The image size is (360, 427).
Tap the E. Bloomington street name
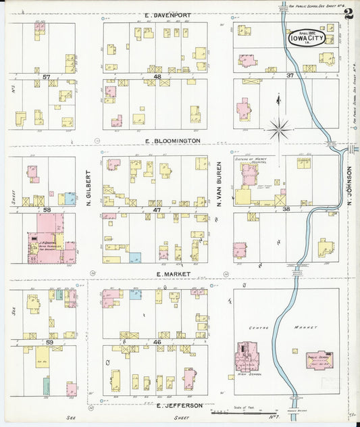pos(173,141)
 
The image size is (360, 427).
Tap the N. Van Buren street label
pos(220,182)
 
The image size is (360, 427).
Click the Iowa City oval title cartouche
pos(307,38)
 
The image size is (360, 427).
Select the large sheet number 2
pos(349,14)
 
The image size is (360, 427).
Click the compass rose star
pos(278,127)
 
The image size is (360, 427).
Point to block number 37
pos(290,76)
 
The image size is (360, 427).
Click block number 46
pos(157,343)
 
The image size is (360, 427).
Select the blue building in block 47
pos(135,257)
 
